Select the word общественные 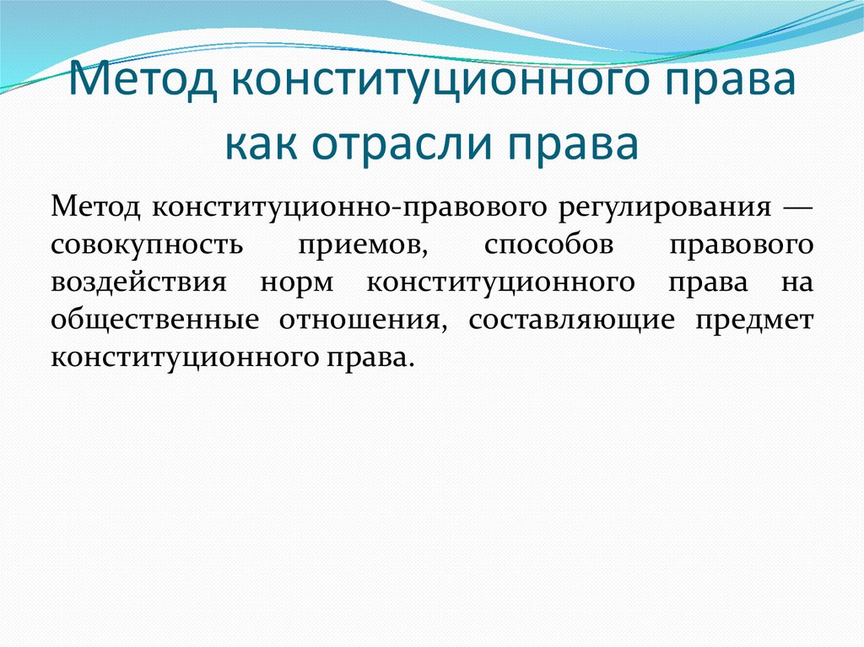point(153,320)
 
